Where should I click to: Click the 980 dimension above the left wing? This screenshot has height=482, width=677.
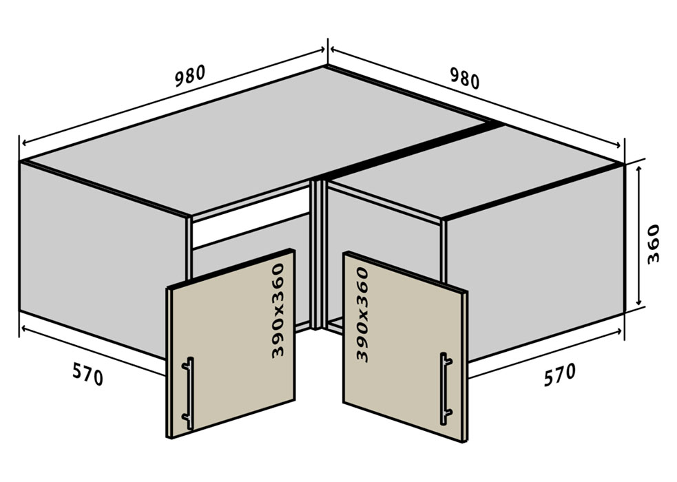point(190,76)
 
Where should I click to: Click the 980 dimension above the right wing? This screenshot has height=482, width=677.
point(465,78)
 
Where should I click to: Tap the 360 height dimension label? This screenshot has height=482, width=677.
point(653,244)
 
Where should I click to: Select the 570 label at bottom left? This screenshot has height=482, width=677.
point(88,373)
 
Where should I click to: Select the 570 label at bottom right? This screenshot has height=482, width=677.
point(559,374)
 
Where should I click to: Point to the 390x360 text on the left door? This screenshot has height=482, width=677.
point(278,311)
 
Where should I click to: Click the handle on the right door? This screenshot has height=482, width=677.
point(446,388)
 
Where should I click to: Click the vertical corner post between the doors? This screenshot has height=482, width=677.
point(319,255)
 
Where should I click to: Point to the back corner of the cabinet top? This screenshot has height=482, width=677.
point(326,66)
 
